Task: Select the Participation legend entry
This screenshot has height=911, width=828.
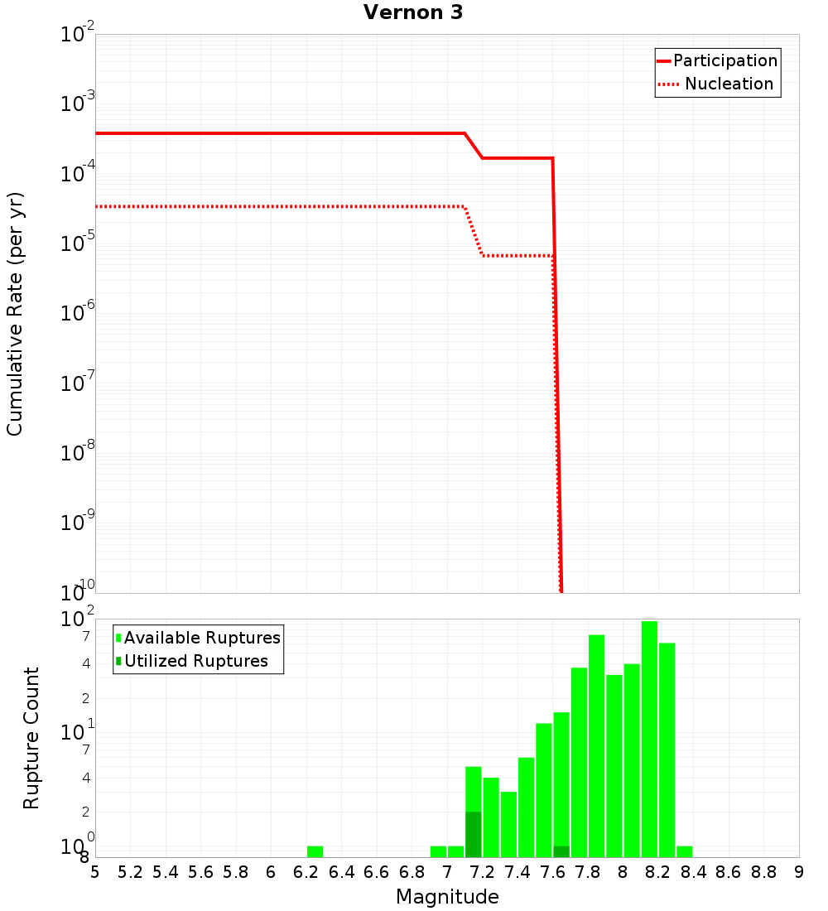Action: (724, 60)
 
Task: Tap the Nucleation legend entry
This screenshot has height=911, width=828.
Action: (728, 84)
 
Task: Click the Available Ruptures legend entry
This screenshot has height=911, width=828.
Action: (201, 638)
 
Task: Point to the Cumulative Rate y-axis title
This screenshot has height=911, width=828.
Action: (15, 314)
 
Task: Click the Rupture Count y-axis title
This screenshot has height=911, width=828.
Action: (31, 738)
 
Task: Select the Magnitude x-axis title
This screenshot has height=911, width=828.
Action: (447, 897)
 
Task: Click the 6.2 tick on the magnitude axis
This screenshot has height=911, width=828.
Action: (306, 872)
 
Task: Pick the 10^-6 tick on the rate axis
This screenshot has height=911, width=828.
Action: (78, 313)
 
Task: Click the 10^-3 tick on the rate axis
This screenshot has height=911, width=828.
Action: (78, 104)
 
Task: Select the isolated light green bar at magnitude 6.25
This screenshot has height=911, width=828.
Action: (315, 851)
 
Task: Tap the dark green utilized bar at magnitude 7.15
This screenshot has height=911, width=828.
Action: (473, 834)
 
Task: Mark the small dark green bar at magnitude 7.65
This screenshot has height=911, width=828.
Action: (561, 851)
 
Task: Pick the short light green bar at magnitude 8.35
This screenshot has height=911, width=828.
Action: (684, 851)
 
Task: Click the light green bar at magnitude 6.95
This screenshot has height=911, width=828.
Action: (438, 851)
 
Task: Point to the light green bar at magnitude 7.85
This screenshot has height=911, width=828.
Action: (596, 745)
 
